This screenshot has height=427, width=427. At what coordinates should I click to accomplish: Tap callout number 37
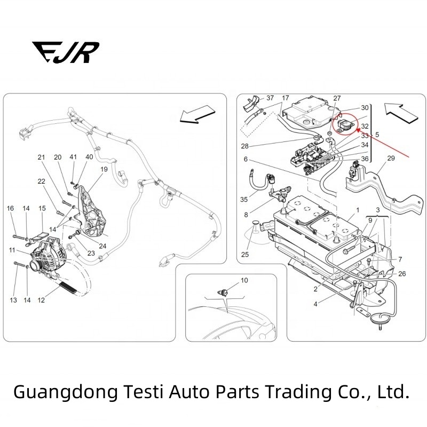(270, 98)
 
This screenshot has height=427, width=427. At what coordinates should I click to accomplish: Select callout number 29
(391, 159)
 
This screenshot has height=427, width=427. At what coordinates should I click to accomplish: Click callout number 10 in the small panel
(244, 280)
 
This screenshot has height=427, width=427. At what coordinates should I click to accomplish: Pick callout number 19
(104, 169)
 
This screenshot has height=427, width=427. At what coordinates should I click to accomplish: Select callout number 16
(10, 208)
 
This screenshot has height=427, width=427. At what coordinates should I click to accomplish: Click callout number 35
(244, 200)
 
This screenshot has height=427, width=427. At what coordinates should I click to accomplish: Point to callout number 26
(402, 274)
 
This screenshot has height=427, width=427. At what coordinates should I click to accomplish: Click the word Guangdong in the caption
(65, 393)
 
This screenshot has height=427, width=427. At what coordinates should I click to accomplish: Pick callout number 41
(73, 157)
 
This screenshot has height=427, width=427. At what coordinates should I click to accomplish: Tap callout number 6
(246, 160)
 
